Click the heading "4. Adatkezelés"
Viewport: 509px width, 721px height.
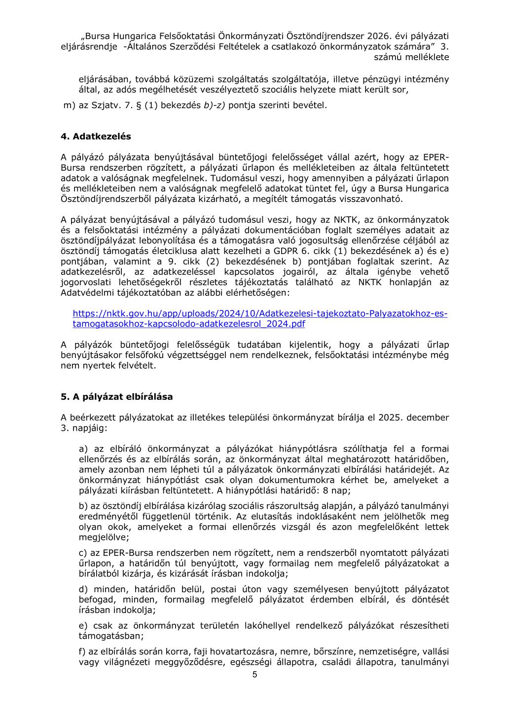tap(96, 136)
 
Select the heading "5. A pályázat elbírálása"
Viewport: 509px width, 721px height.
tap(116, 396)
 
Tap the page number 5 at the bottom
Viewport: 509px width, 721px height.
tap(254, 675)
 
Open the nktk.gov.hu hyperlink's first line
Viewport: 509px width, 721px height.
tap(260, 313)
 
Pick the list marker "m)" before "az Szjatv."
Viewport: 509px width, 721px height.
tap(70, 105)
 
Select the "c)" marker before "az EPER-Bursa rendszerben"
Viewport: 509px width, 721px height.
tap(83, 553)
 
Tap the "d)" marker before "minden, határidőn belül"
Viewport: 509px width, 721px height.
tap(83, 589)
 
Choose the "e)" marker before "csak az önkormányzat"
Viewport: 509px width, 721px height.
tap(83, 625)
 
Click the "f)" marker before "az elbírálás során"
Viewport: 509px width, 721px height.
tap(83, 651)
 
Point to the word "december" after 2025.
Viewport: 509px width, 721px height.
tap(428, 417)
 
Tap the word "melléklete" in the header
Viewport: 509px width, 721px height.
tap(427, 57)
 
